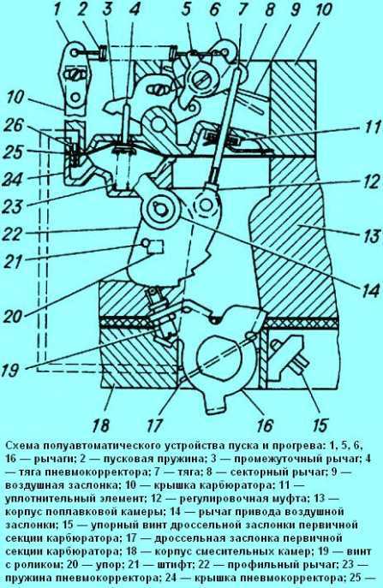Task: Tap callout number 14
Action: [x=365, y=290]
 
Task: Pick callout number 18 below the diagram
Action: [x=100, y=425]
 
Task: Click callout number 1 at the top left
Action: [x=57, y=11]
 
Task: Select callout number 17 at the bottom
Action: [x=155, y=425]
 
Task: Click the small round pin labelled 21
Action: [x=145, y=243]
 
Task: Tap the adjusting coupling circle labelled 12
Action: [x=206, y=205]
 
